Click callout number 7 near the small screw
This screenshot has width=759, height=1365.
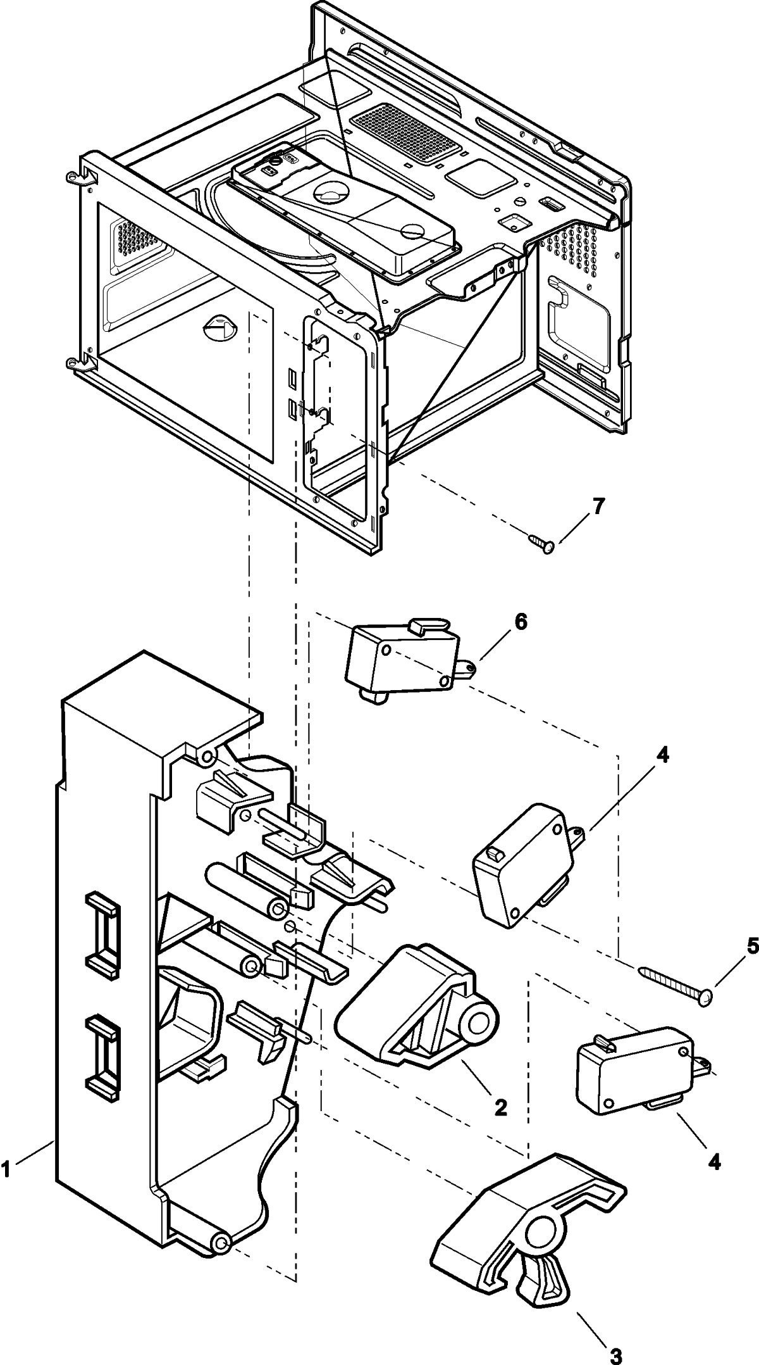coord(598,507)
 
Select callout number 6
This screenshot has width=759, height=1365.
coord(519,622)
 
